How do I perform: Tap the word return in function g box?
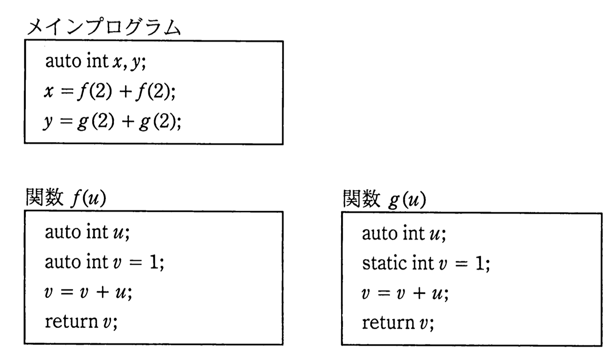click(388, 323)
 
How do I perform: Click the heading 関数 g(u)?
click(384, 199)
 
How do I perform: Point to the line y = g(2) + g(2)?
click(112, 122)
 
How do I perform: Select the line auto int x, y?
click(95, 62)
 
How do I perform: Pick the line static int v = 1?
click(426, 264)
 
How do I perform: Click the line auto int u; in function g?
click(404, 234)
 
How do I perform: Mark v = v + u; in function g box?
click(405, 294)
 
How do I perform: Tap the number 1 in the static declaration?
click(480, 264)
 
